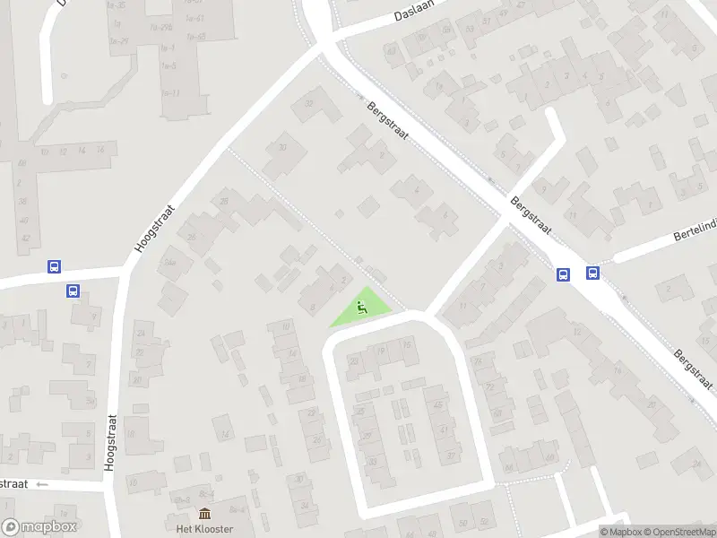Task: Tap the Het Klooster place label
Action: (204, 529)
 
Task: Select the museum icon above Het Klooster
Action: (204, 514)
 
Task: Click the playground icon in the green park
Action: (361, 308)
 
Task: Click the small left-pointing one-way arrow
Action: (42, 484)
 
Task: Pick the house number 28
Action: (224, 201)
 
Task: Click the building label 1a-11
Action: (170, 93)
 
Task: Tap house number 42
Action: (25, 237)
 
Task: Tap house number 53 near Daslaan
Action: (391, 51)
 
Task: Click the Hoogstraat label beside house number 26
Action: (143, 226)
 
